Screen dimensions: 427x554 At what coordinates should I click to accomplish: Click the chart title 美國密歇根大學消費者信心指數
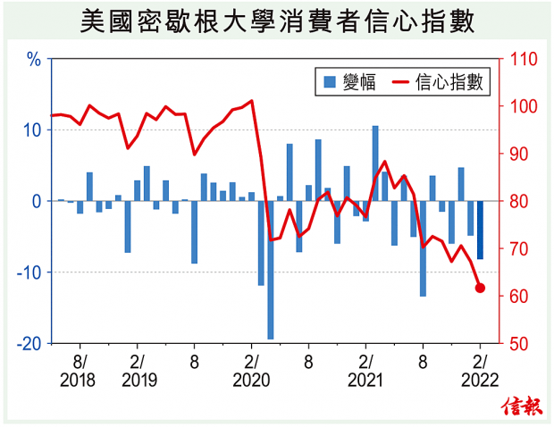(276, 21)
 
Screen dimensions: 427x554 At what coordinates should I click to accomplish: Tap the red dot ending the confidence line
(480, 288)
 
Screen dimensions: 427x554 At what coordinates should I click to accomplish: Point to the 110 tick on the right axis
(521, 60)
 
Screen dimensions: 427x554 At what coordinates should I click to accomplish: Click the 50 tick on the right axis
(517, 344)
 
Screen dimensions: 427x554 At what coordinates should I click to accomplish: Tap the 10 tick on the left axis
(32, 130)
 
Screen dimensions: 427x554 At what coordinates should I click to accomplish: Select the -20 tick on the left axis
(29, 344)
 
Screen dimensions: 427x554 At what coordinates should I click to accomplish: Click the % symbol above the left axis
(35, 61)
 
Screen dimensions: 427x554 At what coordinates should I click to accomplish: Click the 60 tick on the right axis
(517, 297)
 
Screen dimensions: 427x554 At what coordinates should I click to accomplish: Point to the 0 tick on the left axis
(37, 202)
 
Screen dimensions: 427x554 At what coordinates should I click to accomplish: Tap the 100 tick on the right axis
(521, 107)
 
